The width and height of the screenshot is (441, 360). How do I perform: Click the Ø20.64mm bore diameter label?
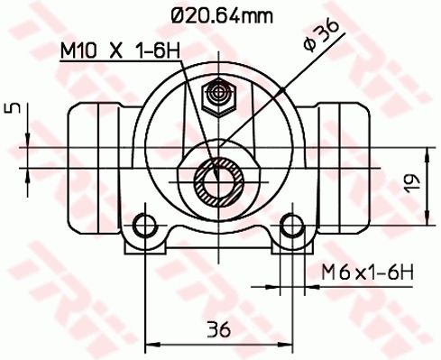point(222,15)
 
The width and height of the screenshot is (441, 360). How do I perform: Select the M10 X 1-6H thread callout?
point(120,51)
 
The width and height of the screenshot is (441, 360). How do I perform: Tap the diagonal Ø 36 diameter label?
point(321,36)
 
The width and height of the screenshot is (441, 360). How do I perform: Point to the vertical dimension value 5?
point(13,108)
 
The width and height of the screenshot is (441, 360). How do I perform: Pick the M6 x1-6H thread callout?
point(367,272)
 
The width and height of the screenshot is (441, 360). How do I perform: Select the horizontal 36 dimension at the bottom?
point(219,329)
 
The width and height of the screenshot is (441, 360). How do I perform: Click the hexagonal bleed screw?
point(218,97)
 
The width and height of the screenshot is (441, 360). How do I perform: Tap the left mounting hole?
point(145,225)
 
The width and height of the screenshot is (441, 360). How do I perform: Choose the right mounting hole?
point(292,225)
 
